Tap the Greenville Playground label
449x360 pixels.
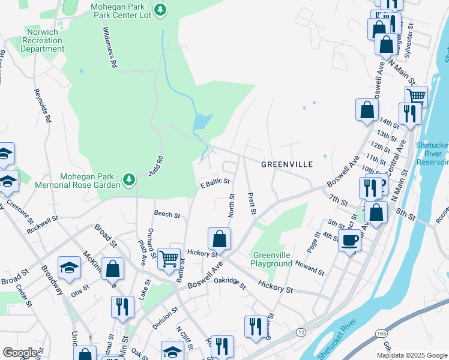click(272, 259)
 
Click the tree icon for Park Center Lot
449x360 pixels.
click(160, 9)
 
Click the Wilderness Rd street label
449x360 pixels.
click(109, 48)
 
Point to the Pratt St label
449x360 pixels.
click(252, 204)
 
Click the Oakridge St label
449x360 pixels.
click(230, 281)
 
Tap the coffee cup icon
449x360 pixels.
click(349, 241)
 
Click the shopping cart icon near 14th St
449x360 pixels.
click(415, 95)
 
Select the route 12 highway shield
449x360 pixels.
click(301, 332)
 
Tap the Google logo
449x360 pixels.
click(20, 353)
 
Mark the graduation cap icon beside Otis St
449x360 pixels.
click(69, 268)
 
